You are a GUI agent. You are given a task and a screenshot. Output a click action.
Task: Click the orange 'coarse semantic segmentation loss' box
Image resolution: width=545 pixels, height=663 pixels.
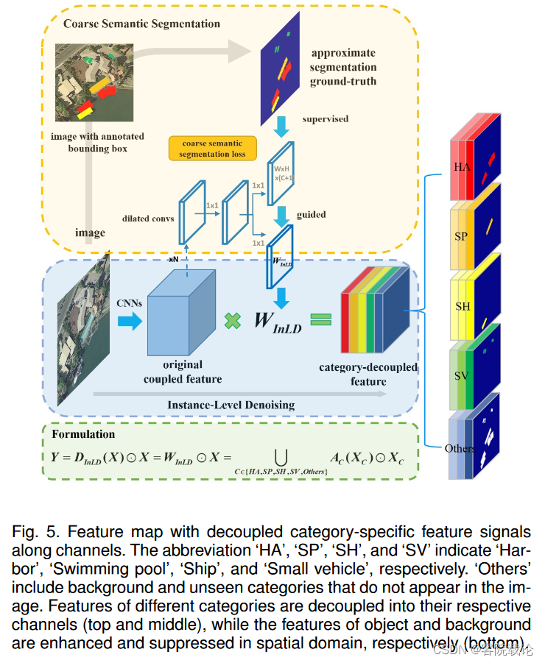213,148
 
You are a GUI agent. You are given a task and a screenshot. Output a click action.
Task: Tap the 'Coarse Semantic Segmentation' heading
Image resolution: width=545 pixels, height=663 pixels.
141,24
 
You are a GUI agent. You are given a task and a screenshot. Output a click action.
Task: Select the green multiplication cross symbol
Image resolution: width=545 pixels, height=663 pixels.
233,321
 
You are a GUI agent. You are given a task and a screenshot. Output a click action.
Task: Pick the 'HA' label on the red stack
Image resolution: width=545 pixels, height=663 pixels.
462,167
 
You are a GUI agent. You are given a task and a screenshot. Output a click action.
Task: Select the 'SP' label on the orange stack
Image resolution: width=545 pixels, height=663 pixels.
460,236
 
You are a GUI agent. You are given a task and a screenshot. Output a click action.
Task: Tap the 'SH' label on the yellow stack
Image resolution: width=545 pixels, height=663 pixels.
463,306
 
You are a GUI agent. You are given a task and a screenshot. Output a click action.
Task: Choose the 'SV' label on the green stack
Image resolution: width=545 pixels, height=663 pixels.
462,376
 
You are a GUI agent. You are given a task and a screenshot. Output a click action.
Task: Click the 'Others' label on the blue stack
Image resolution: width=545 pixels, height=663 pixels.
460,448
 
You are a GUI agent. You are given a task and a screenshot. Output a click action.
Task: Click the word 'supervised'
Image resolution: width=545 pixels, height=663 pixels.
326,118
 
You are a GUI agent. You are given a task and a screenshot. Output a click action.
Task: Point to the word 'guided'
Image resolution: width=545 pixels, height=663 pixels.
312,214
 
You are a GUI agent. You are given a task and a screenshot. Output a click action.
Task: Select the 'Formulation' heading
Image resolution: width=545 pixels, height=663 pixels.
83,434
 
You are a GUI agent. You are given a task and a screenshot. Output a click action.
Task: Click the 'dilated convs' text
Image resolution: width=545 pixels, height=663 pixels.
148,218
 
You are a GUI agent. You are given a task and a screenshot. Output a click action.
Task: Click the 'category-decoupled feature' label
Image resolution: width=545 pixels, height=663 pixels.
368,374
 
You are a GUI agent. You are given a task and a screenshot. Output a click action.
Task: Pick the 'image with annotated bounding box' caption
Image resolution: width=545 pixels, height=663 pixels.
97,143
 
